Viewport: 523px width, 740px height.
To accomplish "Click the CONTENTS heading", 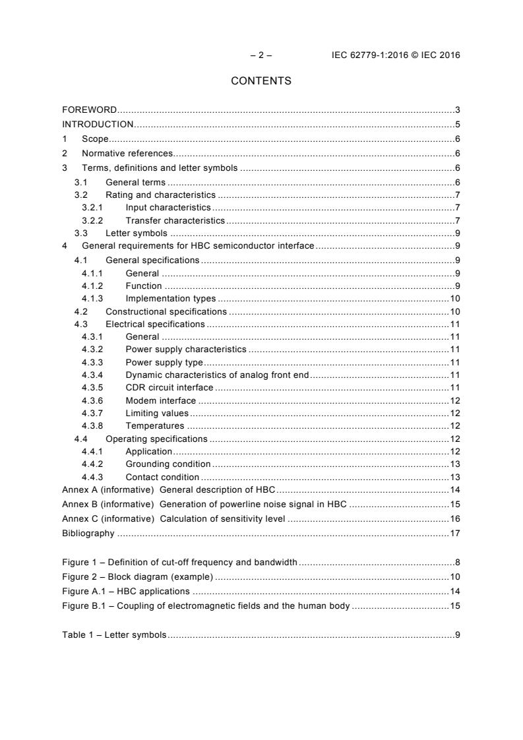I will [261, 81].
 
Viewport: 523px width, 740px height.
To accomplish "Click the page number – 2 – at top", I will [261, 55].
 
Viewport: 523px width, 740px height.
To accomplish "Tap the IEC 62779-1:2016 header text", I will [396, 55].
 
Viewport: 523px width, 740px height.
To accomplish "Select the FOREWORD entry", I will [90, 109].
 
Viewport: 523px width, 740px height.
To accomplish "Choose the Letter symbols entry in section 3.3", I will [137, 233].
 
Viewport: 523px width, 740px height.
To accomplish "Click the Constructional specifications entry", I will [166, 311].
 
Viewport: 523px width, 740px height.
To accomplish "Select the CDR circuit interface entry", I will [169, 387].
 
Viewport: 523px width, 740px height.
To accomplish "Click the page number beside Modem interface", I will [454, 400].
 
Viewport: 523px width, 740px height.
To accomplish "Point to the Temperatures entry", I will [154, 426].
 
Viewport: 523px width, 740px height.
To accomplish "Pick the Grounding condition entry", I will [168, 464].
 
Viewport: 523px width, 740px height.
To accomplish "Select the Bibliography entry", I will [88, 533].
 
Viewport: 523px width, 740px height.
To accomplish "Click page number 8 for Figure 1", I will [457, 563].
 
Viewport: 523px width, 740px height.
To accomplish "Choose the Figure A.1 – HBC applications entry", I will [125, 591].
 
